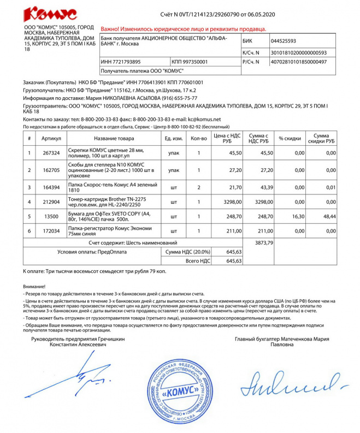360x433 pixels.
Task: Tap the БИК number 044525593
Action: [291, 41]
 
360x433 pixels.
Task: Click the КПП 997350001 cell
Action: [190, 62]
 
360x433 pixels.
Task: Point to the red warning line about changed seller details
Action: [184, 28]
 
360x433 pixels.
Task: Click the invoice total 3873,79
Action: [263, 242]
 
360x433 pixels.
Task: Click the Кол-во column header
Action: [199, 139]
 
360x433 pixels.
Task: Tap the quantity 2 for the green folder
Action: [199, 188]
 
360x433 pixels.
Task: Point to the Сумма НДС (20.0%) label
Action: [186, 252]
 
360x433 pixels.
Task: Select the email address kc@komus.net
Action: [204, 118]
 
